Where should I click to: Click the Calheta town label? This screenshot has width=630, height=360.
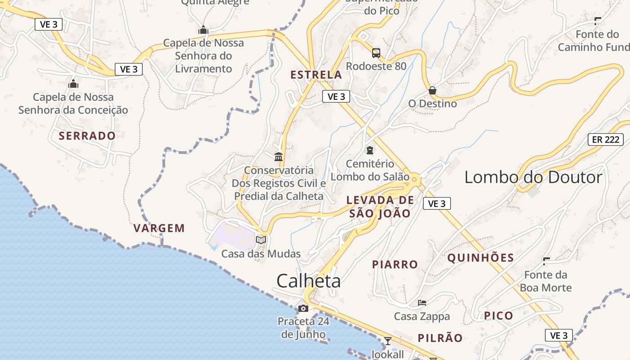click(308, 281)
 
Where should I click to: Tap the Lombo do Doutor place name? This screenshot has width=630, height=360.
click(533, 177)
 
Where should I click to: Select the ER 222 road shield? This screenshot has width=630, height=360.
click(605, 139)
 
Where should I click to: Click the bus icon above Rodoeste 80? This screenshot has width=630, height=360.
click(376, 53)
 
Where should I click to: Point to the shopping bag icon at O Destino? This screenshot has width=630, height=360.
click(432, 90)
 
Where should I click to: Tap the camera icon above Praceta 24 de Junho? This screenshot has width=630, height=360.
click(303, 308)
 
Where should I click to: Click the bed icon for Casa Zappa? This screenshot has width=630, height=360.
click(422, 303)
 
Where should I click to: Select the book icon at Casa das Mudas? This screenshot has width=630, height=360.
click(261, 240)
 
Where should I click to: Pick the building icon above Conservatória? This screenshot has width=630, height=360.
click(279, 157)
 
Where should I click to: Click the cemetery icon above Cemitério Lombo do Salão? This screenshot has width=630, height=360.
click(370, 150)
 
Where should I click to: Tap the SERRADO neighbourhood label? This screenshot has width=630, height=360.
click(87, 135)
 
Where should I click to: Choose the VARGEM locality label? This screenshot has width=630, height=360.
click(159, 228)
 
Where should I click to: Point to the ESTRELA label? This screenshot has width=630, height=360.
click(316, 75)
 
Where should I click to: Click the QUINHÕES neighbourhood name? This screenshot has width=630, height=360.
click(481, 258)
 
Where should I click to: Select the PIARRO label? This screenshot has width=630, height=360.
click(395, 264)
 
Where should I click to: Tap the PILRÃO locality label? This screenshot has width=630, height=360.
click(440, 338)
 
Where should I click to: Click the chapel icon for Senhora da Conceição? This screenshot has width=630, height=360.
click(73, 84)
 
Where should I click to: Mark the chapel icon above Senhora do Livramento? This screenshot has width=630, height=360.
click(203, 30)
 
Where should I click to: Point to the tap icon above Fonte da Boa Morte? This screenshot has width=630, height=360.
click(546, 261)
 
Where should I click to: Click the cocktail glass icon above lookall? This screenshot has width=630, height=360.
click(388, 341)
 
